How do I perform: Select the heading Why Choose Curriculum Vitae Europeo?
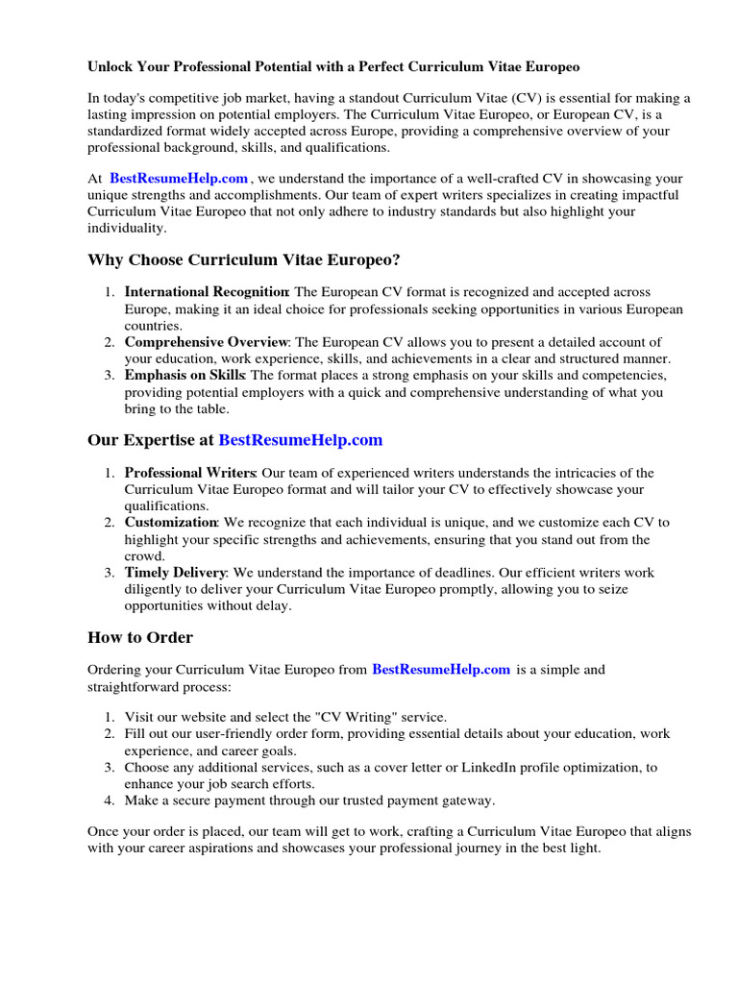pyautogui.click(x=244, y=260)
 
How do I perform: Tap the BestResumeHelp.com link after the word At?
pyautogui.click(x=179, y=179)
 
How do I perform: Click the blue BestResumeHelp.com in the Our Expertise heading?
pyautogui.click(x=301, y=440)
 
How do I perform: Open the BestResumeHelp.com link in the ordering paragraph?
pyautogui.click(x=440, y=670)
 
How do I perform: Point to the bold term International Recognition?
pyautogui.click(x=207, y=292)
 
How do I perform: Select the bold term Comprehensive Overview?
pyautogui.click(x=207, y=342)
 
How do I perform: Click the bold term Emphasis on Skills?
pyautogui.click(x=184, y=375)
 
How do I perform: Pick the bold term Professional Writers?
pyautogui.click(x=189, y=473)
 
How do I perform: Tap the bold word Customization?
pyautogui.click(x=171, y=523)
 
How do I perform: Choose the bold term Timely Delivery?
pyautogui.click(x=175, y=573)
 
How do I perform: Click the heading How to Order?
pyautogui.click(x=140, y=637)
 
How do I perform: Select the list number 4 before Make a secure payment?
pyautogui.click(x=109, y=800)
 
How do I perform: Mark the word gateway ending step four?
pyautogui.click(x=472, y=800)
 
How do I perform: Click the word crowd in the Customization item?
pyautogui.click(x=143, y=555)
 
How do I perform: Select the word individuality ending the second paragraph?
pyautogui.click(x=127, y=229)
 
